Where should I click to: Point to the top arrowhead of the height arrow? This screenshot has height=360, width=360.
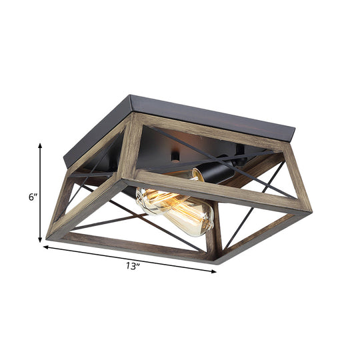(41, 145)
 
